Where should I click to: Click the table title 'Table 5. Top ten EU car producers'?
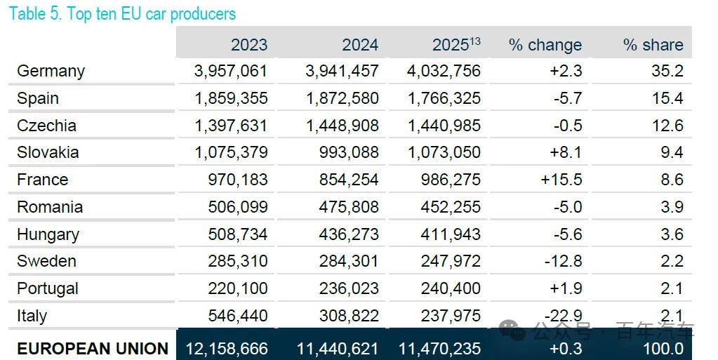click(x=122, y=14)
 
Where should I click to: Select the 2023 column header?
click(x=248, y=45)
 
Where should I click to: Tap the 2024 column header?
click(x=360, y=45)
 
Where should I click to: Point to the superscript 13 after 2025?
click(x=475, y=41)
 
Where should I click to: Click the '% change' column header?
click(x=545, y=45)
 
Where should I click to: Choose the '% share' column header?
click(x=653, y=45)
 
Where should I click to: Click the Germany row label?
click(x=51, y=72)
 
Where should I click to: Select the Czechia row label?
click(x=47, y=126)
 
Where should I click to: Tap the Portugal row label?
click(x=48, y=288)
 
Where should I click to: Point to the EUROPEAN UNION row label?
click(x=93, y=349)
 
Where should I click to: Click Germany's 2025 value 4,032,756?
click(x=444, y=71)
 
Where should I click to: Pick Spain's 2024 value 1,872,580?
click(x=342, y=98)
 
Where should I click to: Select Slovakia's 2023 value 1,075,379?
click(x=231, y=152)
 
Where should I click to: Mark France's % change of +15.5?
click(x=561, y=180)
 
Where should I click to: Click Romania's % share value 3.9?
click(x=672, y=206)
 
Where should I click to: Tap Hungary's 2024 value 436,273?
click(x=349, y=234)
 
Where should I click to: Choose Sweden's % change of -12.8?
click(x=563, y=261)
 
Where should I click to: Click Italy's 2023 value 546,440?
click(x=238, y=316)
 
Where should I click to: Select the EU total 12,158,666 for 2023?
click(x=227, y=349)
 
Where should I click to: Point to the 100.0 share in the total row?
click(x=663, y=349)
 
